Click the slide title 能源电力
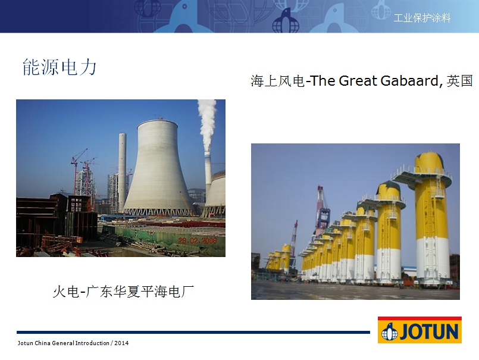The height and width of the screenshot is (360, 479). [x=60, y=67]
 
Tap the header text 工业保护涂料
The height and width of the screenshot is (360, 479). [x=422, y=18]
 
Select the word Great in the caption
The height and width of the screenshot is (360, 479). [x=358, y=81]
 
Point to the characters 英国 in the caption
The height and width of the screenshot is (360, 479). [x=459, y=81]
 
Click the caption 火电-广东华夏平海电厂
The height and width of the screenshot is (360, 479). [x=123, y=291]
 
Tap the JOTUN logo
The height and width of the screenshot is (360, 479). [x=419, y=330]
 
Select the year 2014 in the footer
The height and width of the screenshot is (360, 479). [x=121, y=343]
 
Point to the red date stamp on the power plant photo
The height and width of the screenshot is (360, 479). [x=198, y=240]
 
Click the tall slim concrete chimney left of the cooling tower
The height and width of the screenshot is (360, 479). [x=122, y=172]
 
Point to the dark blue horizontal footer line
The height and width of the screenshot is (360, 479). [x=193, y=332]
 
